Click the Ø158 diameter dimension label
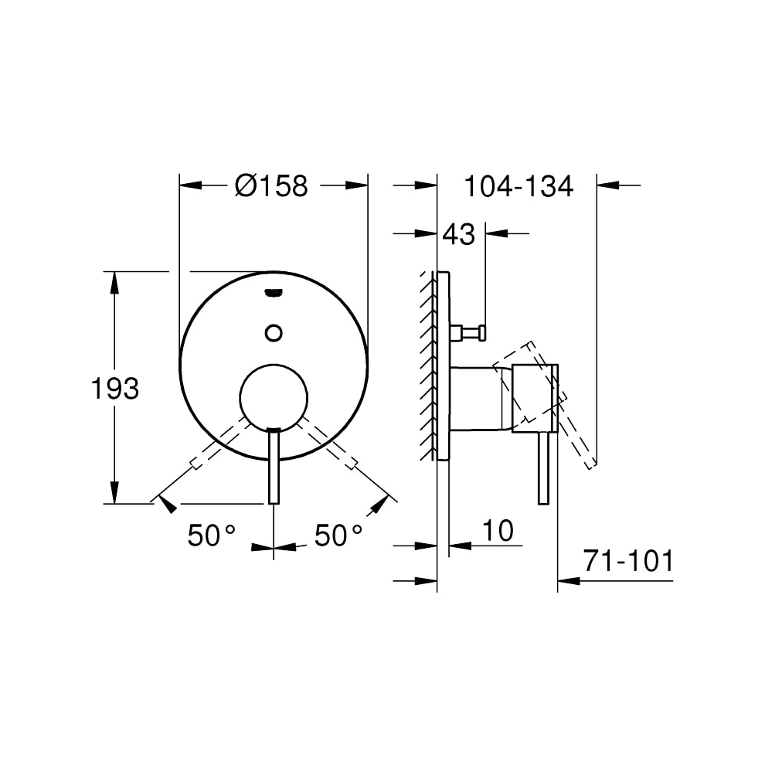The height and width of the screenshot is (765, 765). point(271,186)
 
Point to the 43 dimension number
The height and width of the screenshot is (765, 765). point(458,234)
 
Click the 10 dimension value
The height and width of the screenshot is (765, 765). point(498,531)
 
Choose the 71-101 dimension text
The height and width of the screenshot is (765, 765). point(627,562)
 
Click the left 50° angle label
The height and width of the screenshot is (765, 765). point(211,535)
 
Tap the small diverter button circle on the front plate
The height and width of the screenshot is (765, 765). point(274,332)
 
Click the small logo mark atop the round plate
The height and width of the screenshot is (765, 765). point(274,292)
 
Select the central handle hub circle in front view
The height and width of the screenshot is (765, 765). point(274,396)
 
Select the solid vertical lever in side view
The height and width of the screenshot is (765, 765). point(543,467)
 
